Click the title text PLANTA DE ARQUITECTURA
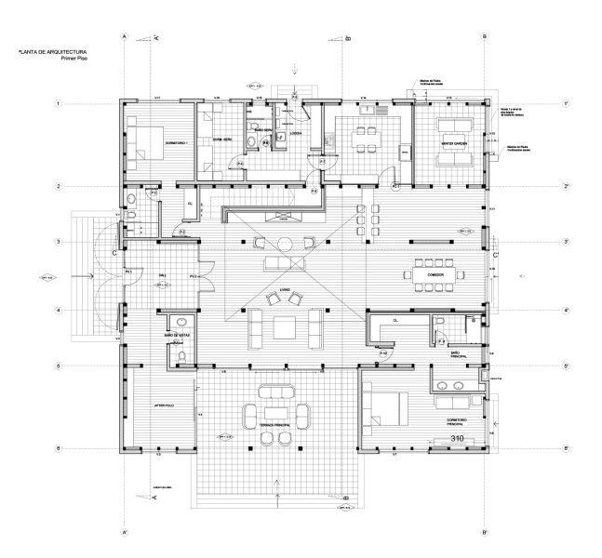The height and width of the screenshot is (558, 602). pyautogui.click(x=52, y=54)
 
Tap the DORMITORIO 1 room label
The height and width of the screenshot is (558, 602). pyautogui.click(x=176, y=142)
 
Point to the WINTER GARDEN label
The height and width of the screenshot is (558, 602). pyautogui.click(x=453, y=142)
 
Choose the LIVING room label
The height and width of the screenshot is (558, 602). pyautogui.click(x=285, y=289)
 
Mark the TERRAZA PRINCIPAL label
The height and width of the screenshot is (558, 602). pyautogui.click(x=277, y=425)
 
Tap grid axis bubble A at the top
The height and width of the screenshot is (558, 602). pyautogui.click(x=124, y=36)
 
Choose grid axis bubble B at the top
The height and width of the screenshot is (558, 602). pyautogui.click(x=484, y=36)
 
